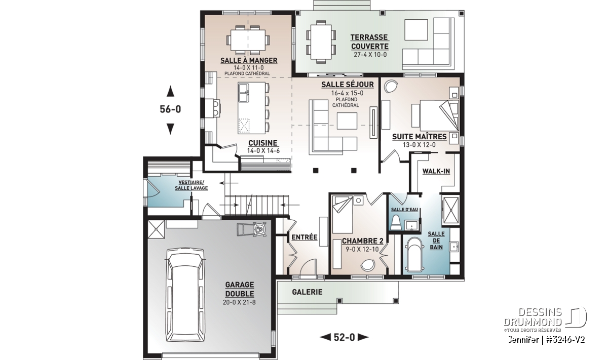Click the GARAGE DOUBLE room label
239,289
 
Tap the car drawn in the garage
185,295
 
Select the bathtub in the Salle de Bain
414,255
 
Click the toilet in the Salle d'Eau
396,223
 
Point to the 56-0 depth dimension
170,109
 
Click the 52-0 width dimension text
344,337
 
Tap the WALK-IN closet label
436,171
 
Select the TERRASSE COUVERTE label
370,42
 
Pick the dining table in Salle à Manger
248,40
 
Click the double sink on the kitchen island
244,93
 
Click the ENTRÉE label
305,237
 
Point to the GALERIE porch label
307,292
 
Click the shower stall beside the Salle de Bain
450,211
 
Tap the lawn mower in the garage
251,229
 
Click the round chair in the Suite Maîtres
390,86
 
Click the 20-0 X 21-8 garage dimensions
239,302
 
